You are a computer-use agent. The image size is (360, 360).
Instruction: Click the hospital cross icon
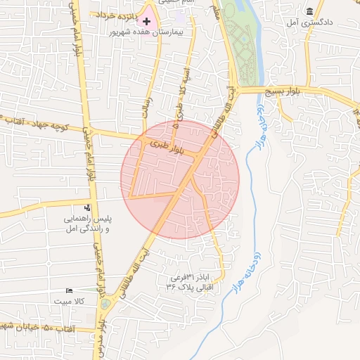pyautogui.click(x=146, y=22)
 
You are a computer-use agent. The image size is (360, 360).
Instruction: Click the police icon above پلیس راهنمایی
pyautogui.click(x=87, y=207)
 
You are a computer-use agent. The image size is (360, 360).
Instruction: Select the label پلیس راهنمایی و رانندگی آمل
pyautogui.click(x=89, y=224)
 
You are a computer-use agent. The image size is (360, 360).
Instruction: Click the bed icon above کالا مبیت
pyautogui.click(x=69, y=290)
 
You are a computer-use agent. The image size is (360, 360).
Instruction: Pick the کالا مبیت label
pyautogui.click(x=70, y=301)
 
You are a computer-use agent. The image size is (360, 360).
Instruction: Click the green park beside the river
pyautogui.click(x=245, y=42)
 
